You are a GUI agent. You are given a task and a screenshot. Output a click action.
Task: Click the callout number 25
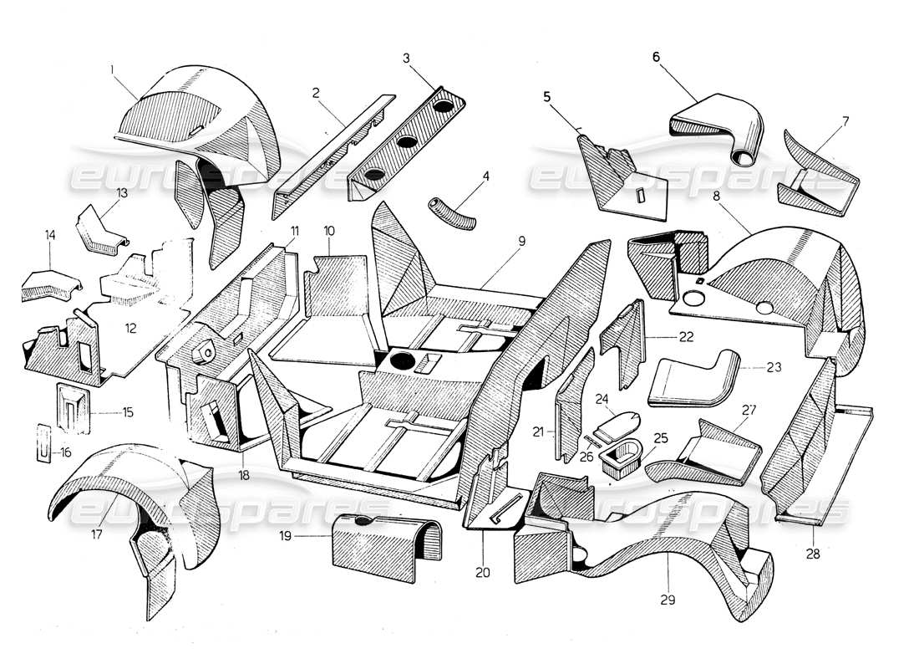[661, 437]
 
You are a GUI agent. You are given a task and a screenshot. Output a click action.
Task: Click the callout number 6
[656, 56]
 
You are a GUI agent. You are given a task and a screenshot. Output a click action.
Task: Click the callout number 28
[813, 554]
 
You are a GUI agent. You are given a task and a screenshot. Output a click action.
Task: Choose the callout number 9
[521, 241]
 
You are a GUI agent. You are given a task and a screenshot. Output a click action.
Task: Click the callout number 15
[128, 412]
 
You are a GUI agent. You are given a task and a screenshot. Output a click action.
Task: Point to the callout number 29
[668, 600]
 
